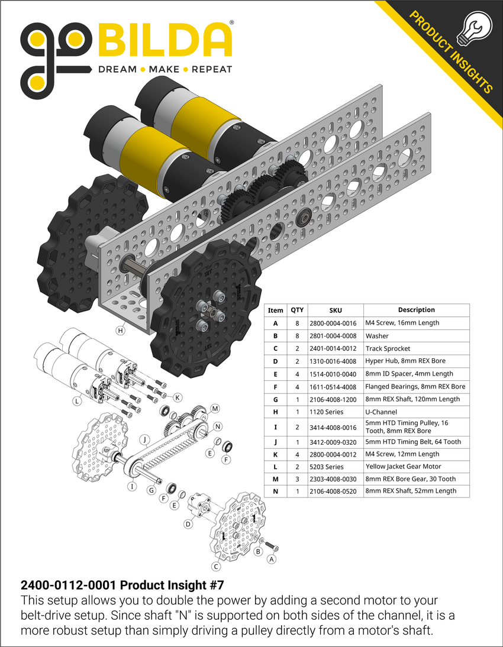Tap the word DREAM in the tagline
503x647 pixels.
[x=117, y=69]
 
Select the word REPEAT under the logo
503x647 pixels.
[x=211, y=69]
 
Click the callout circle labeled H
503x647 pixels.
[x=120, y=331]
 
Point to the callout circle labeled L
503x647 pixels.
[x=76, y=400]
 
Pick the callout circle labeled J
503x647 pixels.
[x=143, y=439]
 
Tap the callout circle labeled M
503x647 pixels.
[x=215, y=409]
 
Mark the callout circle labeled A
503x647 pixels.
[x=272, y=558]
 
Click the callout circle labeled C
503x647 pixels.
[x=216, y=567]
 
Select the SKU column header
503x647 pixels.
[x=336, y=310]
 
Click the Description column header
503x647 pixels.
[x=416, y=310]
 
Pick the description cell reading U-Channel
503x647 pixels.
[x=381, y=412]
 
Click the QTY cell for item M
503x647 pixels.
[x=296, y=479]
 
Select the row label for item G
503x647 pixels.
[x=275, y=399]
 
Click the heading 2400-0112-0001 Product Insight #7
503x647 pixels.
[x=122, y=585]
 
